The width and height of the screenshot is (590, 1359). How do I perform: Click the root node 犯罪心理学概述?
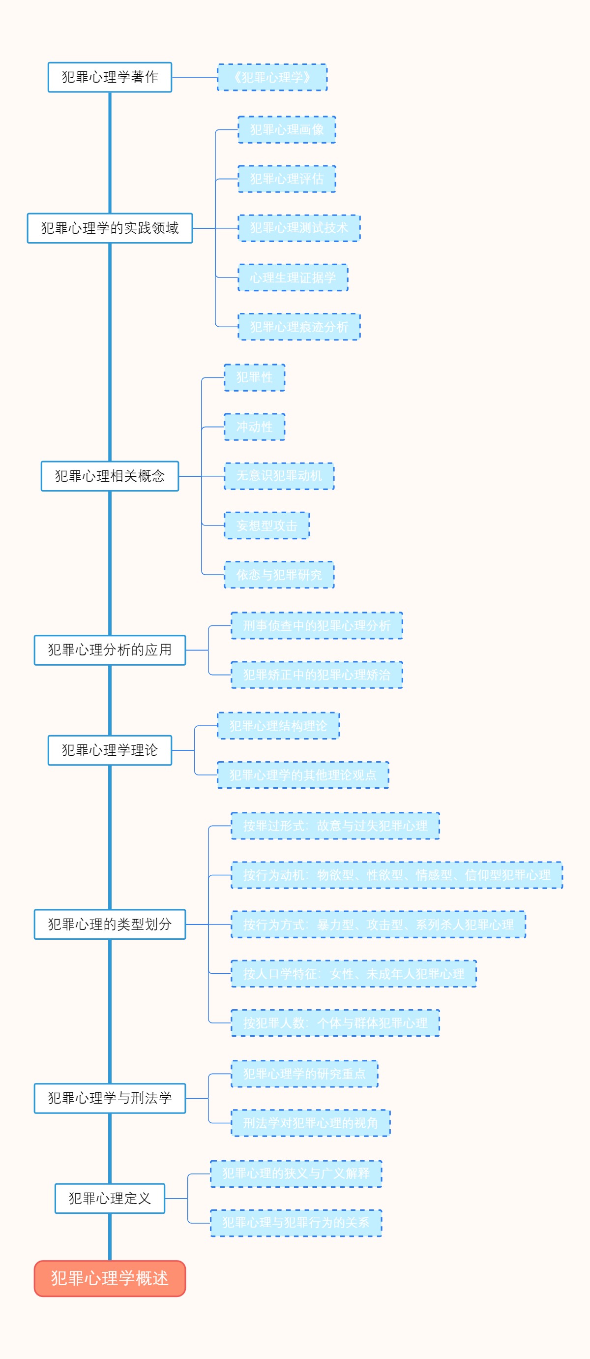tap(110, 1278)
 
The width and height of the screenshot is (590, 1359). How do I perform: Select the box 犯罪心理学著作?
tap(110, 77)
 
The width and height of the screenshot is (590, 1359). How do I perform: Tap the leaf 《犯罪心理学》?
tap(272, 77)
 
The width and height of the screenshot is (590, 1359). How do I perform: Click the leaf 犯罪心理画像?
tap(286, 130)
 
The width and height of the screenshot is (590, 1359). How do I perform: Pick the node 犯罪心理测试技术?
tap(299, 228)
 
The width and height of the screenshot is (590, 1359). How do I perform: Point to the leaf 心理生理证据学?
tap(293, 278)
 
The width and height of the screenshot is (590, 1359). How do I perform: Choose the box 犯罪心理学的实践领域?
tap(110, 228)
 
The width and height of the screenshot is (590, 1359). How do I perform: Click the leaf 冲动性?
tap(254, 427)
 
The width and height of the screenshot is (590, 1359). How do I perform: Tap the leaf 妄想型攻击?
tap(266, 525)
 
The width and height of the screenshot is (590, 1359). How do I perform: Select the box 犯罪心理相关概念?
tap(110, 476)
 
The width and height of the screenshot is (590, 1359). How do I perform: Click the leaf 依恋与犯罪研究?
tap(279, 575)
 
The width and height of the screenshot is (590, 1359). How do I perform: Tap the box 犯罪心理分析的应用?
tap(110, 650)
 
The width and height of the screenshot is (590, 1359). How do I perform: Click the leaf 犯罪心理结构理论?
tap(278, 726)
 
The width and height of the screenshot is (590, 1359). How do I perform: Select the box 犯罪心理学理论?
tap(110, 750)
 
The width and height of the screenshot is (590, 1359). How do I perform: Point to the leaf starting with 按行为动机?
tap(396, 875)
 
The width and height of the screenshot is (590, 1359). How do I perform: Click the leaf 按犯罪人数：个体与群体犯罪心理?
tap(335, 1023)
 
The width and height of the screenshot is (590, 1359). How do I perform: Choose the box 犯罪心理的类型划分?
tap(110, 925)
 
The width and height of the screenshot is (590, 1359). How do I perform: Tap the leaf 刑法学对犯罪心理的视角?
tap(310, 1123)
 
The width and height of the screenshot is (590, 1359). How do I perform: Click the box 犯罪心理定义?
tap(110, 1199)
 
